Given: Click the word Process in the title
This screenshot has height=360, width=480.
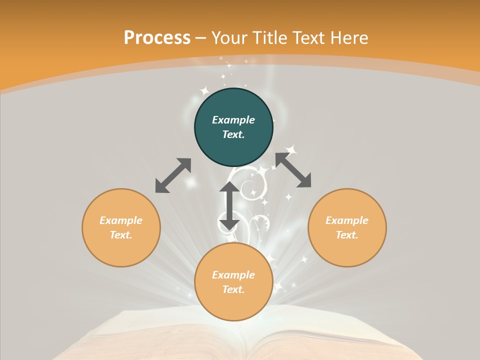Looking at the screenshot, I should pos(157,38).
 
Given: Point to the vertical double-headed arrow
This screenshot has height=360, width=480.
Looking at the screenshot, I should pos(229,206).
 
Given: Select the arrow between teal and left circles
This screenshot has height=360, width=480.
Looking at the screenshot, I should pos(173,175).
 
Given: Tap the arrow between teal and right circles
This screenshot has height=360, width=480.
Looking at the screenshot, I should pos(293,170).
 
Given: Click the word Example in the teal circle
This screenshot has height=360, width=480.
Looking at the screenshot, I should pos(233,120).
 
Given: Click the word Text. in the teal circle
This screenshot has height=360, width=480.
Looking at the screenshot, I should pos(233,134).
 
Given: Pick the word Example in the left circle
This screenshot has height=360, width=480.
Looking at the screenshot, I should pos(121,220).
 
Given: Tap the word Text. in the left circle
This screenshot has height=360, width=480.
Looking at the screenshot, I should pos(121,235).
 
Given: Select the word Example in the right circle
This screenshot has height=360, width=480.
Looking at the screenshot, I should pos(347,220).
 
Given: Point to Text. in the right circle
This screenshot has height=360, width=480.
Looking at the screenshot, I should pos(347,235).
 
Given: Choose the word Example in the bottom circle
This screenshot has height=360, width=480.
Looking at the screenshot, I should pos(233,275).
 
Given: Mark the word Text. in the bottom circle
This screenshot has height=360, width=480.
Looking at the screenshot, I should pos(233,289).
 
